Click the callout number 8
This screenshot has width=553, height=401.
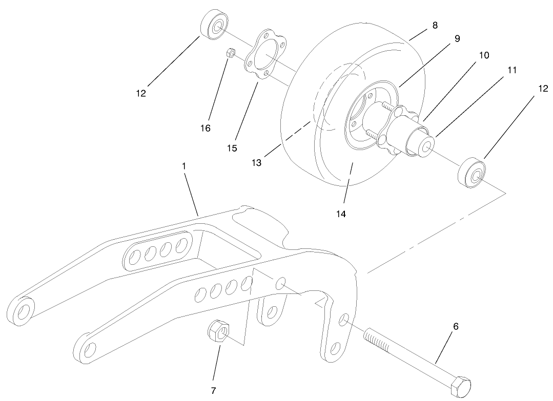[x=435, y=25]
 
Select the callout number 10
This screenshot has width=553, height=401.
[x=484, y=54]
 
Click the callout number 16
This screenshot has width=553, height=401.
[x=205, y=128]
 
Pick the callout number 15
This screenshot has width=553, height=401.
[x=232, y=148]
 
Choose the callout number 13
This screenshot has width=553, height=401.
[x=256, y=163]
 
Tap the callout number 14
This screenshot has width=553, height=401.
[x=341, y=214]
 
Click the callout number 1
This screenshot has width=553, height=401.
[x=183, y=166]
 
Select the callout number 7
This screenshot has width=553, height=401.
[x=213, y=391]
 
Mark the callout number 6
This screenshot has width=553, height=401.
[x=456, y=326]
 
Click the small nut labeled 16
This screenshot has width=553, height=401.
[x=231, y=53]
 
